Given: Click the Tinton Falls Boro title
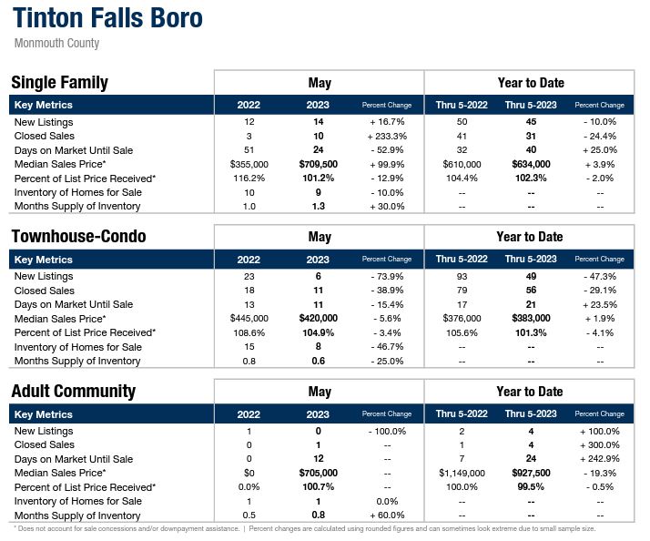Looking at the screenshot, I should (x=107, y=18).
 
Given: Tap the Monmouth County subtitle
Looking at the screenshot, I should (x=57, y=43).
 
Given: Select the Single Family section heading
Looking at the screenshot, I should (x=59, y=83).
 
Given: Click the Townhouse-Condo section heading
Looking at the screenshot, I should (x=78, y=237).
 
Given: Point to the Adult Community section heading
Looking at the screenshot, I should (x=73, y=392).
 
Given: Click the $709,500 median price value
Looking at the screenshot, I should (x=319, y=164).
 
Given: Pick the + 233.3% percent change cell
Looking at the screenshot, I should (x=387, y=136).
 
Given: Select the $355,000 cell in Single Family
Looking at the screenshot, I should (x=249, y=164).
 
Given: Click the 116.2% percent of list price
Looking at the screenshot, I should (x=249, y=179).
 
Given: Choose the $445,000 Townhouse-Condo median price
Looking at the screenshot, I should (x=249, y=319).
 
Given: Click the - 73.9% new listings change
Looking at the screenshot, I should (x=387, y=276).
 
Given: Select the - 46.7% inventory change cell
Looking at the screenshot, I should (x=387, y=347).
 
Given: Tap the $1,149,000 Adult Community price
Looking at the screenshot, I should (x=462, y=474).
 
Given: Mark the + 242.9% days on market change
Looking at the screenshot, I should (x=599, y=459).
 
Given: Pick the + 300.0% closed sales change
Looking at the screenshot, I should (x=599, y=445).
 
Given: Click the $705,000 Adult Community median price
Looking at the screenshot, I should (x=319, y=474).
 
